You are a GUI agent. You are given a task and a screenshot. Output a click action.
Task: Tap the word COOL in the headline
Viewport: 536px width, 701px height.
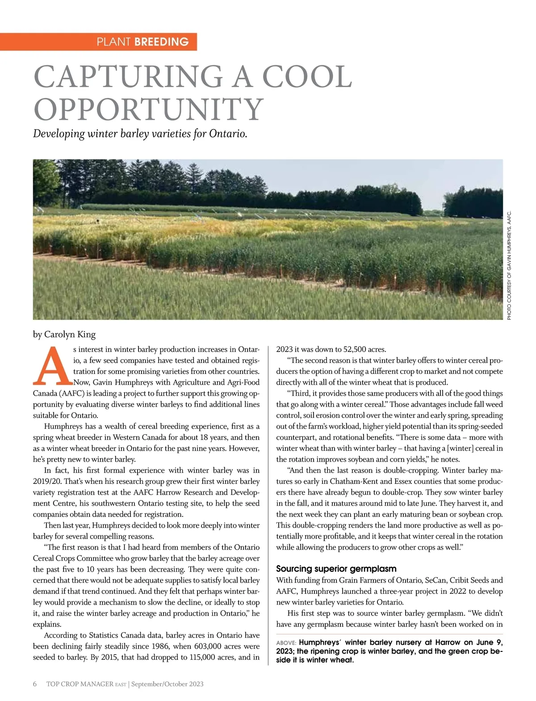coord(299,77)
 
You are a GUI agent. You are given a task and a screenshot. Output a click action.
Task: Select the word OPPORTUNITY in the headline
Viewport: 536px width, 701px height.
coord(148,109)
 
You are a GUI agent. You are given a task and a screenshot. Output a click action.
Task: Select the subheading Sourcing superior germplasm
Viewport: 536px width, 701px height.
coord(336,569)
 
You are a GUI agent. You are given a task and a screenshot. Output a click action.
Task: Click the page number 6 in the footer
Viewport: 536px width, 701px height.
coord(35,684)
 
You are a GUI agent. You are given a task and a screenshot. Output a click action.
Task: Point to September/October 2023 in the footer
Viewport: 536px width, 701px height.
coord(167,684)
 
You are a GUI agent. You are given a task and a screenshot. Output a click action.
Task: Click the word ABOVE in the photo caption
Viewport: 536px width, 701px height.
coord(286,643)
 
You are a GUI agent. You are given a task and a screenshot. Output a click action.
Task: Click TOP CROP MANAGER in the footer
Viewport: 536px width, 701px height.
coord(80,684)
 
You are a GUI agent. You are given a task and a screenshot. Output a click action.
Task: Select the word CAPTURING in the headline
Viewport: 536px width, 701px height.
coord(128,77)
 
